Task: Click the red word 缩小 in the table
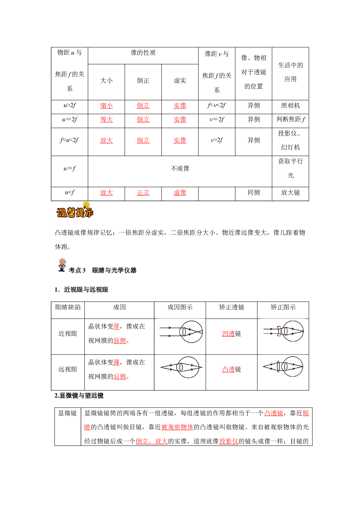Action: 106,106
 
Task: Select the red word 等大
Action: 106,120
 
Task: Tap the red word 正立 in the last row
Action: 143,193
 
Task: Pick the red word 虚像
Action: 180,193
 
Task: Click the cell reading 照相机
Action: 291,106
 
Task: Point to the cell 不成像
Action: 180,169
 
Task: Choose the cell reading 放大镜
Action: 291,193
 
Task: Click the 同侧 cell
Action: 254,193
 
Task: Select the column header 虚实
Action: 180,81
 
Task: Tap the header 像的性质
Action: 143,53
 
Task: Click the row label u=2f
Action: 70,120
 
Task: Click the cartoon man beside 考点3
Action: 62,265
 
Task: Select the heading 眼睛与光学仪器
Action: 114,270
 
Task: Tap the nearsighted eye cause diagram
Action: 181,332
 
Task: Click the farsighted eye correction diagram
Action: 283,367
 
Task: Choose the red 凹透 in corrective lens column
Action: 228,334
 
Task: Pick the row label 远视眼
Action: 68,369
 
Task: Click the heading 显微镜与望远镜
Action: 82,396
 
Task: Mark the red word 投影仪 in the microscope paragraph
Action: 229,441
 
